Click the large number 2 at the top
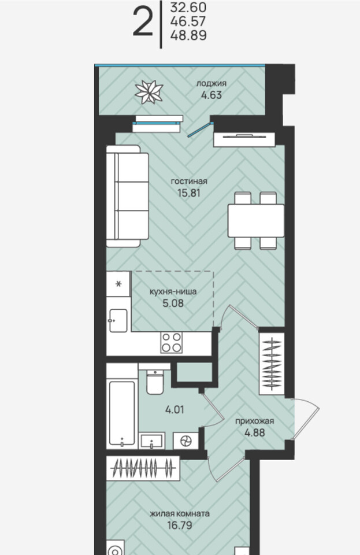[143, 23]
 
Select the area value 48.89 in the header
[188, 35]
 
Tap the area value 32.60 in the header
[188, 8]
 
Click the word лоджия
[211, 84]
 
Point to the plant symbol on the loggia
[149, 92]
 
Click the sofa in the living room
[128, 196]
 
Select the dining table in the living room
[255, 220]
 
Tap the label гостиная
[189, 182]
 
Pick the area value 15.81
[189, 193]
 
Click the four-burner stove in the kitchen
[172, 343]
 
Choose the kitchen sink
[118, 321]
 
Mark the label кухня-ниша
[173, 292]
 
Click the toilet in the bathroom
[154, 382]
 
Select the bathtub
[122, 413]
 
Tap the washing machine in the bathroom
[185, 441]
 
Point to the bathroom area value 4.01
[175, 410]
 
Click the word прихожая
[255, 421]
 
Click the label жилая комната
[180, 513]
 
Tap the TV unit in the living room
[244, 139]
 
